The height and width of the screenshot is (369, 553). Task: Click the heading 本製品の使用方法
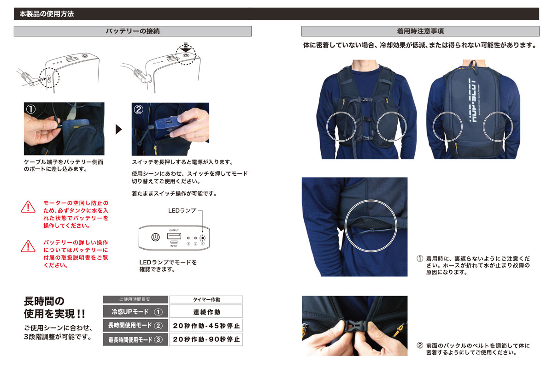coord(47,14)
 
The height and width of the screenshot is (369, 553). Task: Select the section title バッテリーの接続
coord(133,31)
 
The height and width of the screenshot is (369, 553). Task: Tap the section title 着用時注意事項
coord(420,31)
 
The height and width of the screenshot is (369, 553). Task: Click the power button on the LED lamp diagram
coord(155,237)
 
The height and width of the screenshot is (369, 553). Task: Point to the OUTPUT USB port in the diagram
coord(174,236)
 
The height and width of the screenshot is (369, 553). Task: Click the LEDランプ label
coord(182,211)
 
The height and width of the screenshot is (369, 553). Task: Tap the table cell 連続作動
coord(206,312)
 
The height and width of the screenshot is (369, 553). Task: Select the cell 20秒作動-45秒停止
coord(206,326)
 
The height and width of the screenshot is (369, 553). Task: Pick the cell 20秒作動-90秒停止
coord(206,339)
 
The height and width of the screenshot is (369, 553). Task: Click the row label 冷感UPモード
coord(130,312)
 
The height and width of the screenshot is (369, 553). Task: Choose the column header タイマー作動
coord(206,299)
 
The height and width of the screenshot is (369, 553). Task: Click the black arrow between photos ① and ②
coord(118,129)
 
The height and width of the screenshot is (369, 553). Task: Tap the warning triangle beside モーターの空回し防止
coord(28,207)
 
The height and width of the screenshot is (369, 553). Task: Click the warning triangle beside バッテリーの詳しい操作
coord(28,246)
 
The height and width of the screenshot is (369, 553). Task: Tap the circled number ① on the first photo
coord(31,109)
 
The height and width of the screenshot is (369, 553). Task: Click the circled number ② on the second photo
coord(139,109)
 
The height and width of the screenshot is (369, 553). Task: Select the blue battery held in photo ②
coord(168,129)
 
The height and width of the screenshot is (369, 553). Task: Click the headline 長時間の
coord(44,301)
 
